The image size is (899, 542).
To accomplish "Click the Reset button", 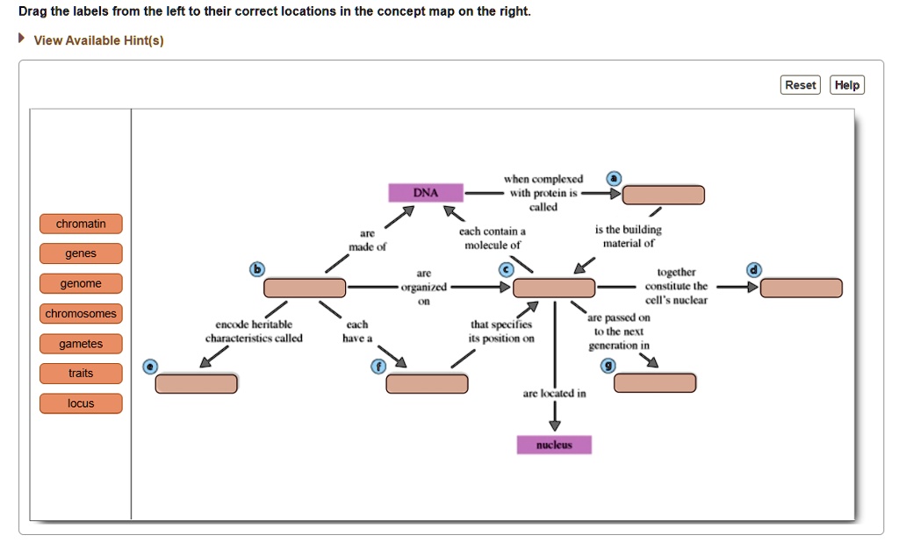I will click(x=800, y=85).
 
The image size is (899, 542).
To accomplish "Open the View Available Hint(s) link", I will click(x=98, y=41).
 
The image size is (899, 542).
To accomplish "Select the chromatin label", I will click(x=81, y=225).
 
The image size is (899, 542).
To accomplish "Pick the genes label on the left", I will click(x=81, y=254).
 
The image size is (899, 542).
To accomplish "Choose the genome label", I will click(x=81, y=284).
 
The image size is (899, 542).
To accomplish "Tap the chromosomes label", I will click(x=81, y=314).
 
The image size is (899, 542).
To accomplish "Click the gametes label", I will click(x=81, y=344).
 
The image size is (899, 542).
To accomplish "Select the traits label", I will click(x=81, y=374).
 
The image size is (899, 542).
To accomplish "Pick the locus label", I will click(x=81, y=403).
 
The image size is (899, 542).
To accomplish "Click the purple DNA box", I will click(x=425, y=193).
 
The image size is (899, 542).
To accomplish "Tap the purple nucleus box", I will click(x=554, y=445).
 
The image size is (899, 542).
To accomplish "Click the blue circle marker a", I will click(x=614, y=178).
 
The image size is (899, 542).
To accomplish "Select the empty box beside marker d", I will click(x=801, y=288).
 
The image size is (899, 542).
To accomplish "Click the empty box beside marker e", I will click(x=196, y=383).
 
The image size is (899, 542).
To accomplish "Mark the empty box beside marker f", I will click(x=427, y=383).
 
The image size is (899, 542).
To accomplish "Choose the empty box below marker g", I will click(x=655, y=382).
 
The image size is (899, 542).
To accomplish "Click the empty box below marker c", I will click(x=554, y=288).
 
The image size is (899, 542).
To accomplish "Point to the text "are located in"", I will click(x=554, y=394).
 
